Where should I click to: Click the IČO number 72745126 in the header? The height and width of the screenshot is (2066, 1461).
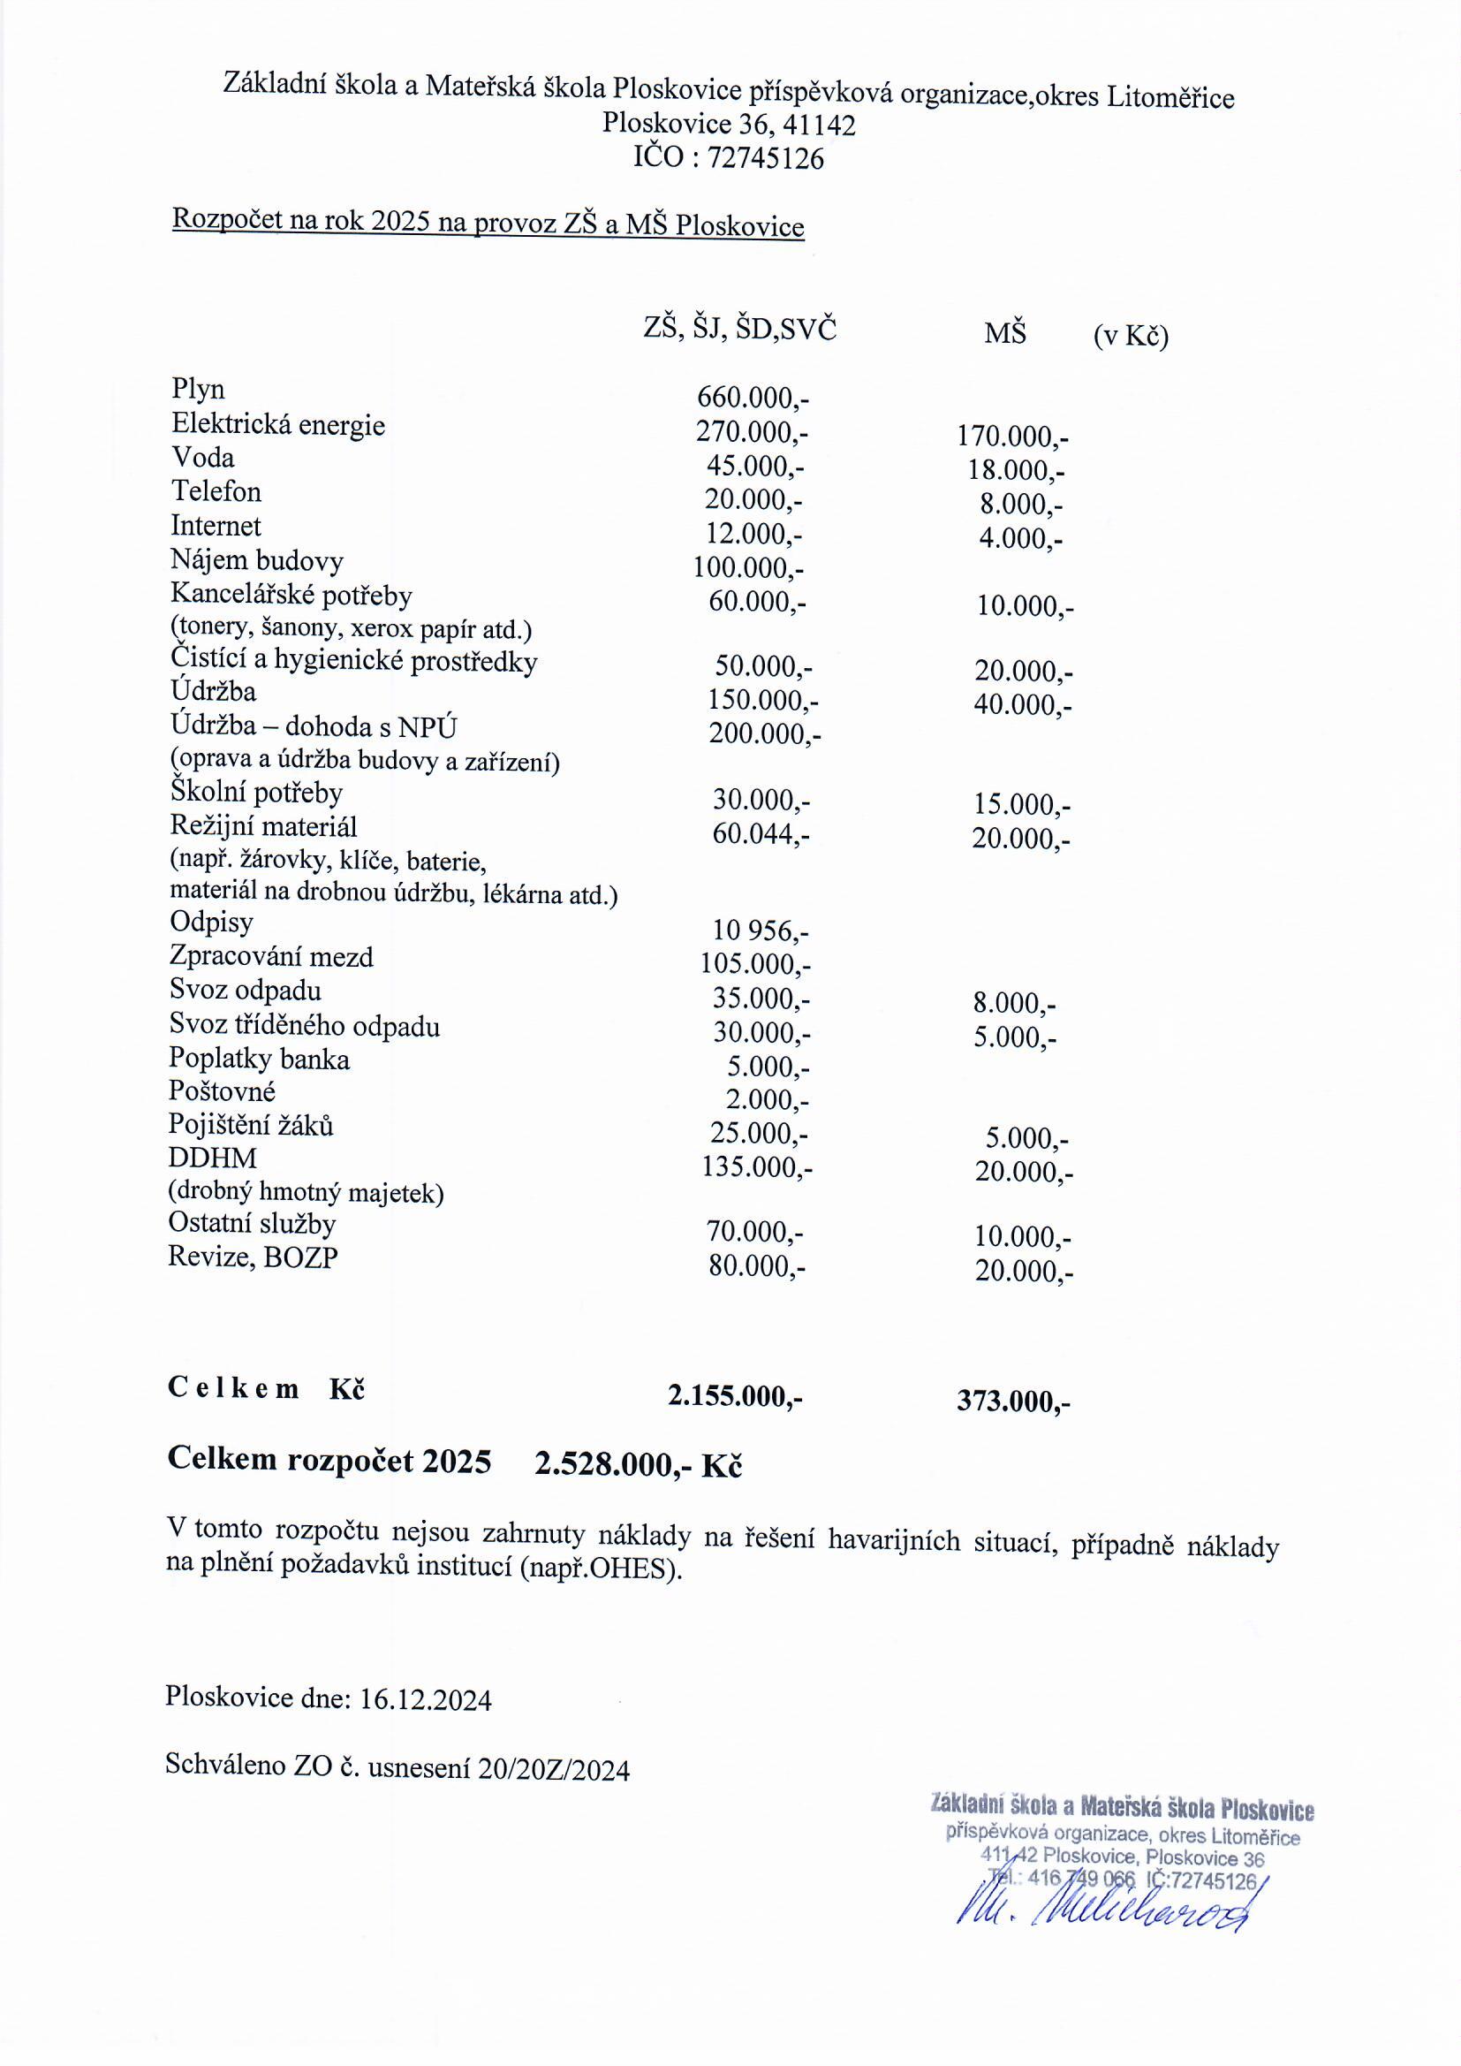tap(765, 159)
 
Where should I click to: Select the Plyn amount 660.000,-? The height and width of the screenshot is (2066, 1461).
tap(753, 398)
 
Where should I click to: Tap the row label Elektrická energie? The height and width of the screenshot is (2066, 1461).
tap(278, 425)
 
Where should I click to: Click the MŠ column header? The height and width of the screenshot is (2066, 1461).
tap(1004, 334)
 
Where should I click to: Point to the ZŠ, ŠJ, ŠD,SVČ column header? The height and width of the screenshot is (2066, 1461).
tap(739, 330)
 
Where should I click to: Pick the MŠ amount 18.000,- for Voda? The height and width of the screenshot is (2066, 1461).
tap(1016, 471)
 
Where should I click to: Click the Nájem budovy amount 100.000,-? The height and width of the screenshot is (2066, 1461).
tap(747, 569)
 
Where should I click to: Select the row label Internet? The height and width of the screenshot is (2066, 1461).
tap(216, 527)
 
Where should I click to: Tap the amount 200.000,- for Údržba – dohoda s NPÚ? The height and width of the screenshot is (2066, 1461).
tap(765, 734)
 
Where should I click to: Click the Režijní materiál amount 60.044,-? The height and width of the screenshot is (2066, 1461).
tap(761, 835)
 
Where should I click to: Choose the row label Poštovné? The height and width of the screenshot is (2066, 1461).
tap(223, 1091)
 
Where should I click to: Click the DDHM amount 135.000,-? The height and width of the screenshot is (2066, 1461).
tap(757, 1168)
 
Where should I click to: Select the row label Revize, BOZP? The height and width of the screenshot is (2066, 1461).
tap(253, 1257)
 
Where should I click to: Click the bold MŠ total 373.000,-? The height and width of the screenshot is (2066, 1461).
tap(1013, 1401)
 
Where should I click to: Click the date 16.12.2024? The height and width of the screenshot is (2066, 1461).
tap(426, 1701)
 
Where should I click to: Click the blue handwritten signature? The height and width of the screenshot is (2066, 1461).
tap(1107, 1926)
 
